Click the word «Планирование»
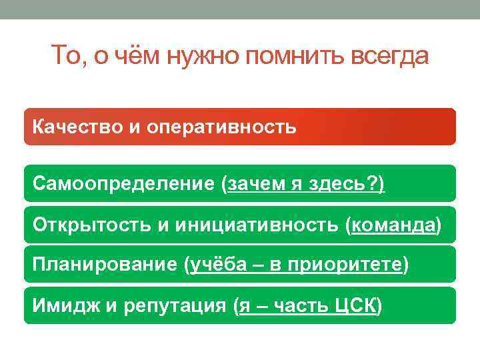[x=104, y=265]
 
